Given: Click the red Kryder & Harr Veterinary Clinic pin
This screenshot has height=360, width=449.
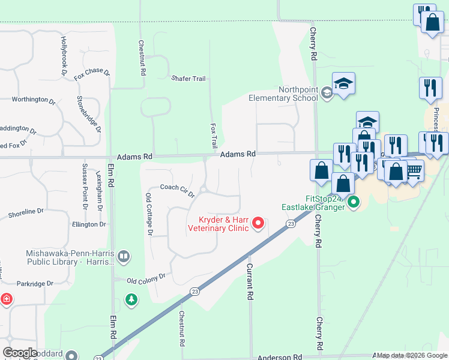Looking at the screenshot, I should click(259, 223).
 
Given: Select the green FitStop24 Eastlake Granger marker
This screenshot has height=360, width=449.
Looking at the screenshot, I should click(354, 203).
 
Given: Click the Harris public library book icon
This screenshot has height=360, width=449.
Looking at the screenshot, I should click(124, 257).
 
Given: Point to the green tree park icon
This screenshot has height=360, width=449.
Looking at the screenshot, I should click(131, 298).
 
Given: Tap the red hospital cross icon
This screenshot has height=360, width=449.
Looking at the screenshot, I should click(5, 298).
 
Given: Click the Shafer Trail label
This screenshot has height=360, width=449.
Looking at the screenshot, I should click(188, 79).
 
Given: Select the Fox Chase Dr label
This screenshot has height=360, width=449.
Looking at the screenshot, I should click(92, 74).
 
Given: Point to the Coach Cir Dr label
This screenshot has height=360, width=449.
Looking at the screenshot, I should click(177, 187).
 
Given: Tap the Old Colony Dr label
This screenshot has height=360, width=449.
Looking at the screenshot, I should click(146, 279).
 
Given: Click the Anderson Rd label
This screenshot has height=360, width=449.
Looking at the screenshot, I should click(280, 357).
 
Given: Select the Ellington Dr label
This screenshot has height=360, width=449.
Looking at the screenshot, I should click(88, 224).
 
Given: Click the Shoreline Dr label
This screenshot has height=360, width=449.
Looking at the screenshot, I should click(26, 212).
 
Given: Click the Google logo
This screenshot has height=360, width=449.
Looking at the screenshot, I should click(20, 353).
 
